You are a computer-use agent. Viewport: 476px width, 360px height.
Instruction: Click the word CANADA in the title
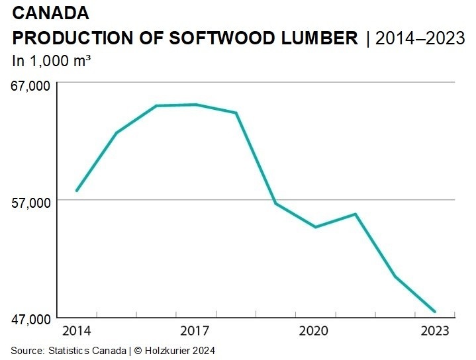point(50,13)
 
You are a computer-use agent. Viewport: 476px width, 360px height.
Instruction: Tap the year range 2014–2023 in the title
point(420,38)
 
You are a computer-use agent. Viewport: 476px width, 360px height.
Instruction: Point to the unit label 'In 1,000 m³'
point(52,60)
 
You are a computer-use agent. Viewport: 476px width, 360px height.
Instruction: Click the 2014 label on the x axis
point(76,330)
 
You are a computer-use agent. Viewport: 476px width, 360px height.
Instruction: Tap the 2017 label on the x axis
point(196,330)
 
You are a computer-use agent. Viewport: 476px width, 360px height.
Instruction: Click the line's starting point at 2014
point(77,191)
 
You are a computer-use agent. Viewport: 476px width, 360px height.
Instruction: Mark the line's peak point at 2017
point(196,105)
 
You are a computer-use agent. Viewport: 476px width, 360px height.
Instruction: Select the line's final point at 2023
point(435,312)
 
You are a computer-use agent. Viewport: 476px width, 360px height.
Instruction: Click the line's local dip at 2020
point(316,227)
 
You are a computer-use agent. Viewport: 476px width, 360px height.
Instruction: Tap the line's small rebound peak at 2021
point(356,214)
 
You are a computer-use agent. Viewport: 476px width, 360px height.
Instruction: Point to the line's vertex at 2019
point(276,202)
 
